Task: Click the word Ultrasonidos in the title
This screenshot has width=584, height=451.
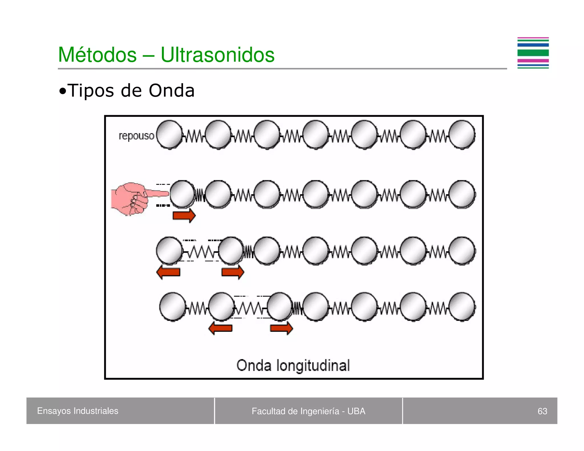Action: [218, 55]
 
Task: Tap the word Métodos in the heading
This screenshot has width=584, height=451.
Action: [97, 55]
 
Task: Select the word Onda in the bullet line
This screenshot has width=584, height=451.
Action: [172, 91]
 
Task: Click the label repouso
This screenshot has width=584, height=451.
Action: [136, 136]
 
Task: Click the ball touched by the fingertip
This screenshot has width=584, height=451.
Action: [182, 194]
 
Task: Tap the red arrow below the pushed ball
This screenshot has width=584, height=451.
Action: [184, 215]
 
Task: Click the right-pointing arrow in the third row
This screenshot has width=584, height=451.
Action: [233, 272]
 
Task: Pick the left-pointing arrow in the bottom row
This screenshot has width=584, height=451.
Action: [220, 328]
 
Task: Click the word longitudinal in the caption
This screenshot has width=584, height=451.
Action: [313, 365]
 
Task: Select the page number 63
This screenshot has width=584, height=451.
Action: [542, 411]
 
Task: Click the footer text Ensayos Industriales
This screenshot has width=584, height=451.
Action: [78, 411]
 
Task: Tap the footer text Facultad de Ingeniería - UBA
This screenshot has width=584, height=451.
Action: [308, 411]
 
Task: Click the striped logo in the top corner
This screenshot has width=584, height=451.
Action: [533, 53]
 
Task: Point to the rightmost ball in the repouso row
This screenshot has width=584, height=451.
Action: [462, 135]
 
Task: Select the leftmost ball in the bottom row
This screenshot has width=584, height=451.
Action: [172, 307]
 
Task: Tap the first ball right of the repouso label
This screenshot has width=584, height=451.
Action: [169, 135]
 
